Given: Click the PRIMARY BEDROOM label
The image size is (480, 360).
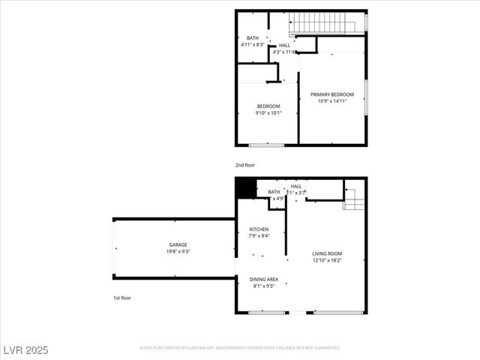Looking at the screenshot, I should [x=332, y=94].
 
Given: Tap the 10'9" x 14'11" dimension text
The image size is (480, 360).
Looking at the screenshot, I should [x=332, y=100].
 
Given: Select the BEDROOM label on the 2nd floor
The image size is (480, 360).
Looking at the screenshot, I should [x=268, y=106].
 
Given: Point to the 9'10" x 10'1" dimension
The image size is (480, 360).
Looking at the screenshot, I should [x=268, y=113].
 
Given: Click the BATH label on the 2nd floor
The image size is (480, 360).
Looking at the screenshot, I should [x=253, y=38].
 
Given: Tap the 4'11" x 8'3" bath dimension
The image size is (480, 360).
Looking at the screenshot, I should [x=253, y=45].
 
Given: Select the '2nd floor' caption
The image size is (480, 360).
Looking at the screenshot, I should [x=245, y=163].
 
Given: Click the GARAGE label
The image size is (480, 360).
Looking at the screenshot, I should [x=178, y=244].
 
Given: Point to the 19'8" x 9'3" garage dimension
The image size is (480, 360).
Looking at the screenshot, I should [x=178, y=251].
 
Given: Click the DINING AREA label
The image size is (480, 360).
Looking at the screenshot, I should [x=263, y=279].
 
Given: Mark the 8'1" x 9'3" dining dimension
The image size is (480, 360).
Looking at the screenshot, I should [x=263, y=286].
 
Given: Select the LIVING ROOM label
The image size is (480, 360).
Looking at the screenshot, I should [x=327, y=254].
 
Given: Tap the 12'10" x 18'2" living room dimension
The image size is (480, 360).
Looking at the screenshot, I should [x=327, y=260].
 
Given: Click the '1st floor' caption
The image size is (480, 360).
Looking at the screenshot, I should [x=122, y=298].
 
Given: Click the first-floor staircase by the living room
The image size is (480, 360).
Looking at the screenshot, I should [x=354, y=199].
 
